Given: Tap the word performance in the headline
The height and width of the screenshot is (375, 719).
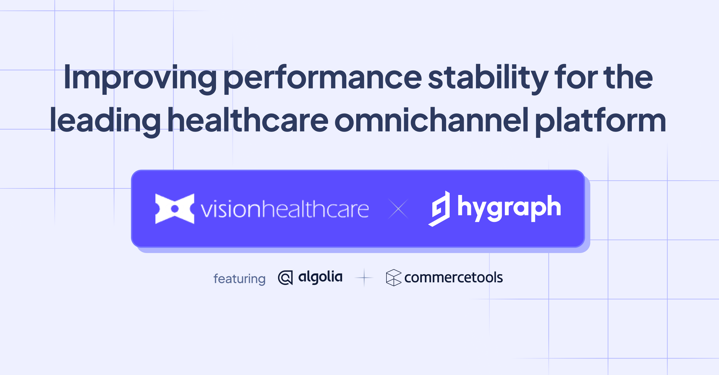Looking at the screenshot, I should click(323, 78).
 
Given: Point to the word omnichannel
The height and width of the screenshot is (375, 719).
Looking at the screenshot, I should click(431, 121).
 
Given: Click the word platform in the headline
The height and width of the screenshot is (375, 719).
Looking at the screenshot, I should click(600, 121).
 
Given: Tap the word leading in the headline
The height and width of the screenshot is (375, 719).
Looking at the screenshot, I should click(105, 121).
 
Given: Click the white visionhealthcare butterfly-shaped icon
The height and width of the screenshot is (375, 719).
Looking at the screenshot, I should click(175, 209).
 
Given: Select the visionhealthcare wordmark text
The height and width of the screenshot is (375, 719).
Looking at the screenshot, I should click(285, 209).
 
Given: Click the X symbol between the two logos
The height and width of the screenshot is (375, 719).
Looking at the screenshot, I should click(398, 209).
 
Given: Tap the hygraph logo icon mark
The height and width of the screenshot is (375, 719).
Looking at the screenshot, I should click(440, 209).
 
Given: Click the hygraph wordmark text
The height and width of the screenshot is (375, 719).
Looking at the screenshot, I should click(509, 208).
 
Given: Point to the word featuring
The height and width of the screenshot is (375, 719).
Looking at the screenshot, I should click(239, 279).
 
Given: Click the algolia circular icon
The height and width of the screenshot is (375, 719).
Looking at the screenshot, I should click(285, 278).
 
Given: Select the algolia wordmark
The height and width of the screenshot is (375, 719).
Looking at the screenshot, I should click(320, 277).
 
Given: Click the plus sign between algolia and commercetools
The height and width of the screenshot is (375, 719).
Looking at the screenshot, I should click(364, 278).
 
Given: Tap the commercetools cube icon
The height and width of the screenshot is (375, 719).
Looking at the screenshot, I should click(393, 278).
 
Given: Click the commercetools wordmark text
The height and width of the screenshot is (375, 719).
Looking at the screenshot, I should click(453, 278).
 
